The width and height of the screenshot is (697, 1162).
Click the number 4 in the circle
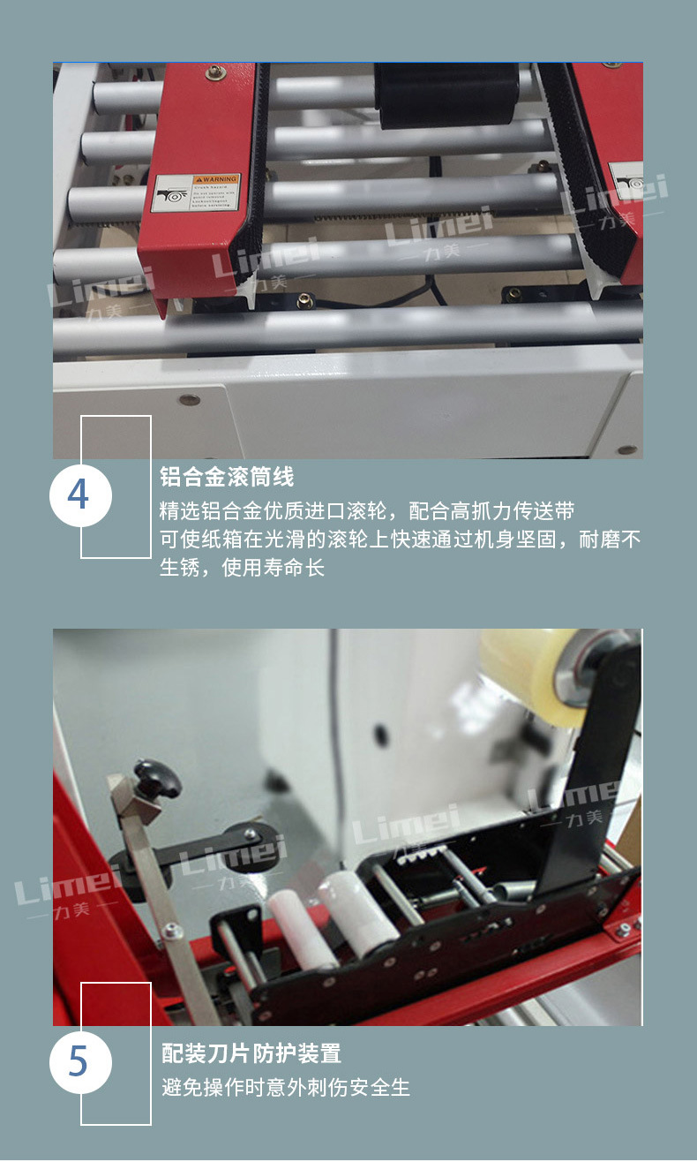point(79,495)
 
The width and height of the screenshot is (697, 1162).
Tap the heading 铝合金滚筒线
point(227,478)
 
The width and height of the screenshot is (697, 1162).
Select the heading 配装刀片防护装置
point(251,1053)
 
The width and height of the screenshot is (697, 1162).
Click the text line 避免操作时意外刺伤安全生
point(286,1088)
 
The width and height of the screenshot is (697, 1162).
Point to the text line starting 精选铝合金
point(367,511)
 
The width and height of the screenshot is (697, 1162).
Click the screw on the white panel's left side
point(189,400)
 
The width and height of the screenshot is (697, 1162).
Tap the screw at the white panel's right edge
point(626,449)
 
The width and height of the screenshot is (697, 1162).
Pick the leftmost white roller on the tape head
point(300,928)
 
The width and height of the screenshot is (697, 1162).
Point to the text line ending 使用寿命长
point(243,568)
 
